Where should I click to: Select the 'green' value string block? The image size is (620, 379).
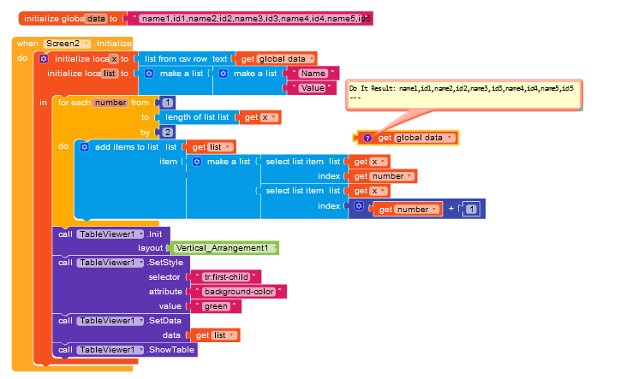coord(218,306)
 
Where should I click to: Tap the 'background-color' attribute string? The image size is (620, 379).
coord(239,292)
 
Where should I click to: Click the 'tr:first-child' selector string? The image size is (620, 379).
coord(230,277)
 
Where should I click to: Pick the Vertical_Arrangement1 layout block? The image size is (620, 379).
coord(227,248)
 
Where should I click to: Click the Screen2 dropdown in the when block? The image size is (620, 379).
coord(68,44)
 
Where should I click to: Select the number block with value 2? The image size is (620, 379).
coord(167,132)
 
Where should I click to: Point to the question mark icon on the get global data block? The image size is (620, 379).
coord(367,138)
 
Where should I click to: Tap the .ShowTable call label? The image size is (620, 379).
coord(170,350)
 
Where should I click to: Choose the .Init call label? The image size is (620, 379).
coord(154,234)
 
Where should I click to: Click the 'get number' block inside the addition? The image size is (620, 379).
coord(403,209)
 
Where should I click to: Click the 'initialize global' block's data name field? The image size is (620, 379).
coord(96,18)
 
